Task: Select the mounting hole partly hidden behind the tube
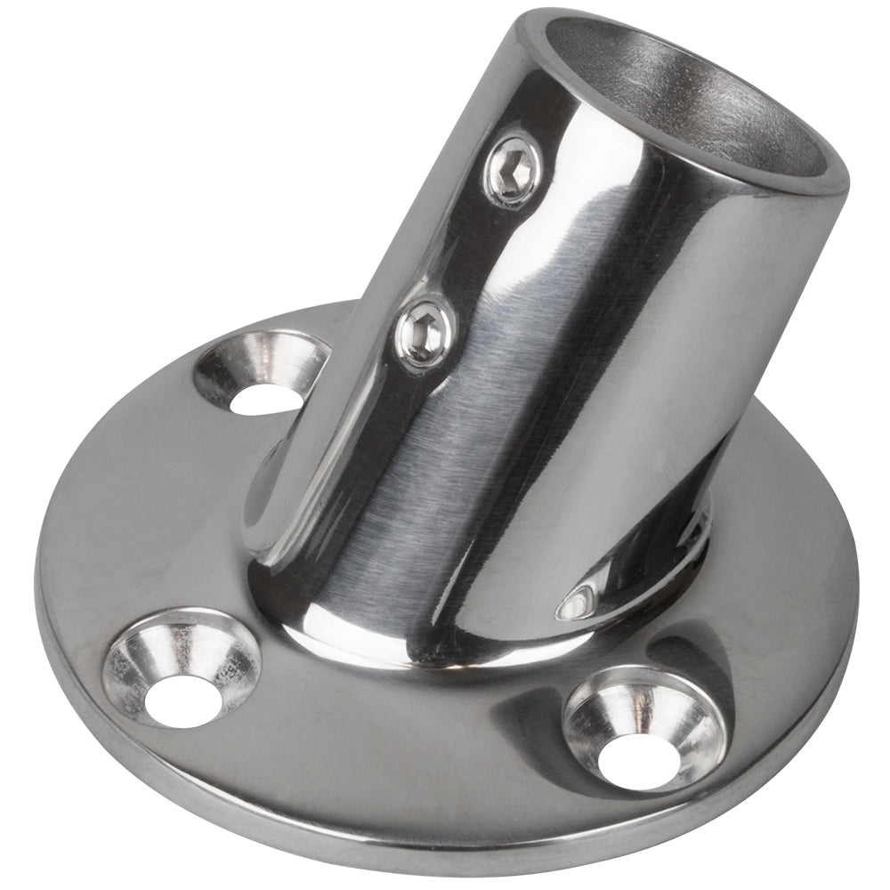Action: (x=263, y=374)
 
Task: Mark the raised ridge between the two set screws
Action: (x=463, y=249)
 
